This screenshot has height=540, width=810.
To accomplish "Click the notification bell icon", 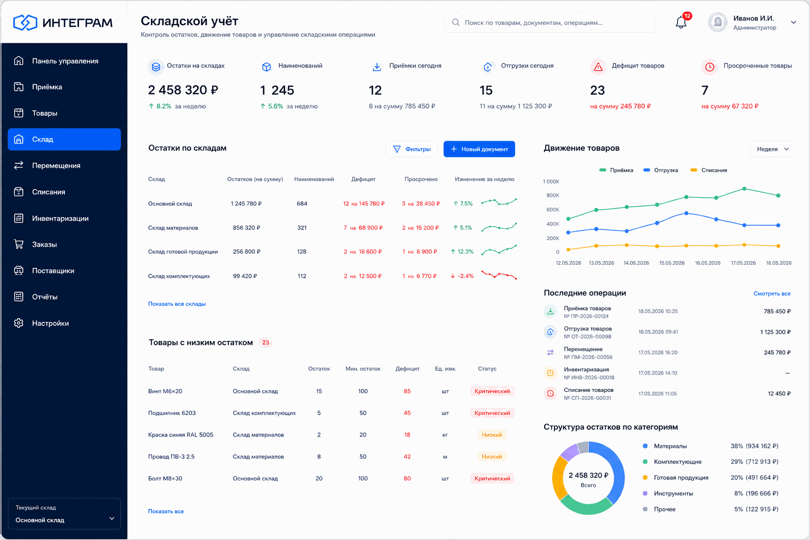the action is click(681, 23).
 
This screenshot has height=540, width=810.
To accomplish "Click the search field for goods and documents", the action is click(549, 23).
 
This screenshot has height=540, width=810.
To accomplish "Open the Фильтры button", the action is click(411, 149).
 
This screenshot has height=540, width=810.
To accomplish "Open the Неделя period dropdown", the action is click(773, 149).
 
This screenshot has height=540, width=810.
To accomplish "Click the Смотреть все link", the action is click(772, 293).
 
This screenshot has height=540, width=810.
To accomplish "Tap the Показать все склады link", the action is click(177, 304).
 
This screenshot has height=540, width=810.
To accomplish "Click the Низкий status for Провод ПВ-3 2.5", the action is click(492, 457).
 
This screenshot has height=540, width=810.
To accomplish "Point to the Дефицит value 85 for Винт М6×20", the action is click(407, 391).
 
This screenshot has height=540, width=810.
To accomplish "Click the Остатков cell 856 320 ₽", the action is click(247, 227).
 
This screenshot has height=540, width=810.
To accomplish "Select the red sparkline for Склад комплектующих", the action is click(499, 275).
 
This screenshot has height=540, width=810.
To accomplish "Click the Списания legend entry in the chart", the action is click(709, 170).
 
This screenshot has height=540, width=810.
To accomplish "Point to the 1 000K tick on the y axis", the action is click(551, 181).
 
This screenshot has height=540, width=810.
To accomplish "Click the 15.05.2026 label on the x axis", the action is click(671, 263).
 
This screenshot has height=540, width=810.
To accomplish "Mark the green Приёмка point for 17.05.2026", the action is click(744, 189).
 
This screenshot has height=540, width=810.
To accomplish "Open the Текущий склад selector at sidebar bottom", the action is click(64, 514).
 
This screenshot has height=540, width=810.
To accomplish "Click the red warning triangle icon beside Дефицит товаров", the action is click(599, 67).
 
